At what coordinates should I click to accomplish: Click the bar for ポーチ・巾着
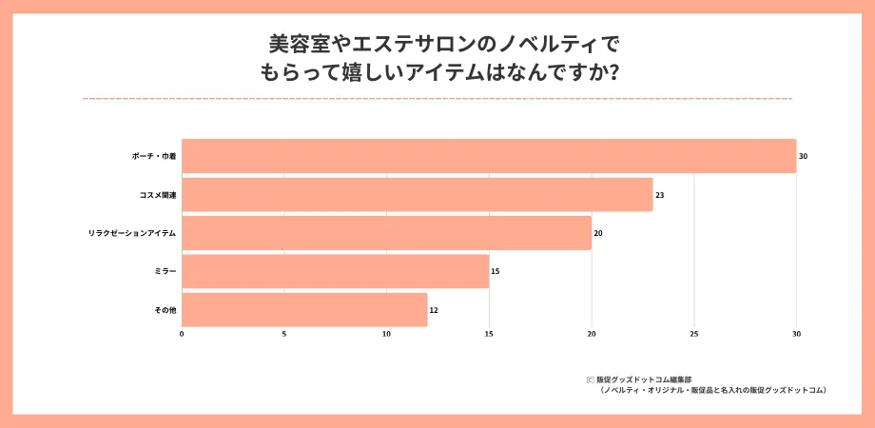[x=489, y=156]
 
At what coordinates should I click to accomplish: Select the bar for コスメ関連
[x=418, y=195]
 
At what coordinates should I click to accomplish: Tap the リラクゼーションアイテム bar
[x=386, y=233]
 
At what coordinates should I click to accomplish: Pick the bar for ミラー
[x=335, y=271]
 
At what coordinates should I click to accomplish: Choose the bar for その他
[x=304, y=310]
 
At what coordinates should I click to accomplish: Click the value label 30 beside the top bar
[x=804, y=156]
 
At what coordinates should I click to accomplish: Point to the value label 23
[x=660, y=195]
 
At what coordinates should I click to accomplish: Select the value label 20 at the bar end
[x=598, y=233]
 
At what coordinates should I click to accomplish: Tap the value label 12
[x=434, y=310]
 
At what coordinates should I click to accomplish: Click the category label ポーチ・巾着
[x=154, y=156]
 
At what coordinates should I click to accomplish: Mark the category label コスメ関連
[x=158, y=195]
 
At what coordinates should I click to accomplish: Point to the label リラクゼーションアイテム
[x=132, y=233]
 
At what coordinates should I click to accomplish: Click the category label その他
[x=165, y=310]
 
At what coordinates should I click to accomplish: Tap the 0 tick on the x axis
[x=182, y=335]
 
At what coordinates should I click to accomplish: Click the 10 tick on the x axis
[x=386, y=335]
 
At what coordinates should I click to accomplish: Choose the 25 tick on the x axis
[x=694, y=335]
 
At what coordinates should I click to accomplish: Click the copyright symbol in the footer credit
[x=590, y=379]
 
